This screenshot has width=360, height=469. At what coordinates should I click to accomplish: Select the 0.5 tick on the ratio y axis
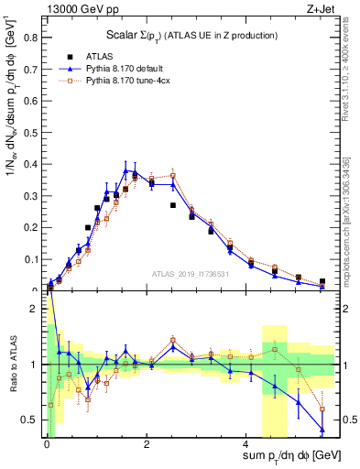click(33, 420)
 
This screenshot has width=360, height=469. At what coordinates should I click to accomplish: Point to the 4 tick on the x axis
click(248, 443)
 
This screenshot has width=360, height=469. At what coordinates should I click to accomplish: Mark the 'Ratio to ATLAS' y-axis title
click(12, 365)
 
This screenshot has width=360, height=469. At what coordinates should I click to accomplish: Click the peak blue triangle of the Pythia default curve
click(125, 170)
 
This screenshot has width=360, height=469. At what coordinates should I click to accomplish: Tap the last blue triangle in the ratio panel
click(322, 430)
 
